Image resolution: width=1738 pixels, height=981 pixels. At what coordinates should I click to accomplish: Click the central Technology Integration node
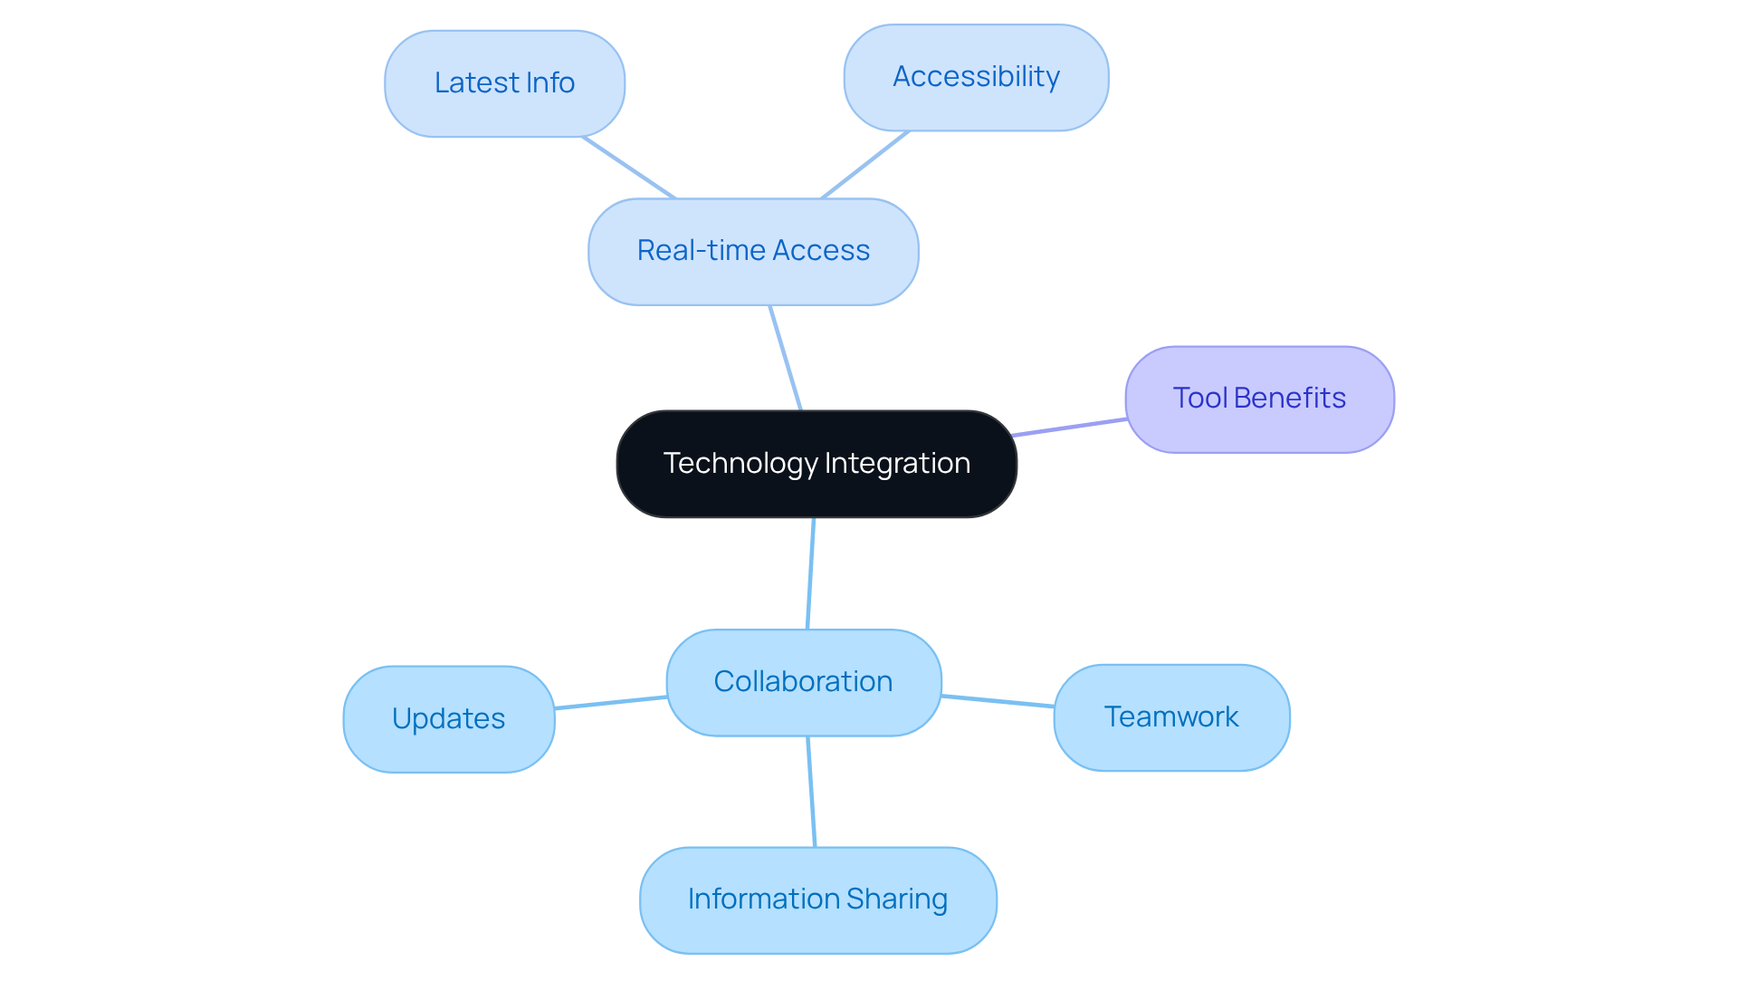click(816, 464)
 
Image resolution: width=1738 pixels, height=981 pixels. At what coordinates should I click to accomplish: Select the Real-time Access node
click(753, 251)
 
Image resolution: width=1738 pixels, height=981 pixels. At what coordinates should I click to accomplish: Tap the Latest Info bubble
click(504, 83)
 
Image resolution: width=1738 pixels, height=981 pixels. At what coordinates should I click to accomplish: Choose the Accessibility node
click(976, 77)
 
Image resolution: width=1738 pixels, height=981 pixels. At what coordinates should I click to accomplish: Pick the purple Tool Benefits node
click(1259, 399)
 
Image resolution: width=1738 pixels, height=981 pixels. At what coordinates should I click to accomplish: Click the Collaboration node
click(804, 682)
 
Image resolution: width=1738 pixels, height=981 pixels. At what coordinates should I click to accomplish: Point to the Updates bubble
click(449, 719)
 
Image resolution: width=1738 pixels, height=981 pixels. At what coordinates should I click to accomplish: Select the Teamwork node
click(1171, 717)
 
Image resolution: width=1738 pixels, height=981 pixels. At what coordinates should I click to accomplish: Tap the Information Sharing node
click(817, 899)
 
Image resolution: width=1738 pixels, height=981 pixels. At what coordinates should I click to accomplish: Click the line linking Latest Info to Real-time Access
click(629, 168)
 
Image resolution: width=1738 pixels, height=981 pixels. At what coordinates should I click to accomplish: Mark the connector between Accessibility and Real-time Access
click(865, 165)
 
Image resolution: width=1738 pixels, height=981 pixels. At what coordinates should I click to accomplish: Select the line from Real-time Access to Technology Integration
click(786, 358)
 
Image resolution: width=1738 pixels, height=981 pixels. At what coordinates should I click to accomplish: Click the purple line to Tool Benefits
click(1070, 428)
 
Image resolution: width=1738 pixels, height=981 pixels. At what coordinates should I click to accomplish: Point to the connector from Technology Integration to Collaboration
click(811, 573)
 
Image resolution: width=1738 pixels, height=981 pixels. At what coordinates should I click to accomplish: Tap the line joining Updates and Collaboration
click(611, 703)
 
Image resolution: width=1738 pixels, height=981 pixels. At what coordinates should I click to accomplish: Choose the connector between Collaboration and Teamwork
click(998, 701)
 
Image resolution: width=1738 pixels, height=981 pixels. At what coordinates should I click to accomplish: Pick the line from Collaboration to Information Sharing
click(812, 792)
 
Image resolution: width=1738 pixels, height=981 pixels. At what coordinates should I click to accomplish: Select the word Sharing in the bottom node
click(897, 899)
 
